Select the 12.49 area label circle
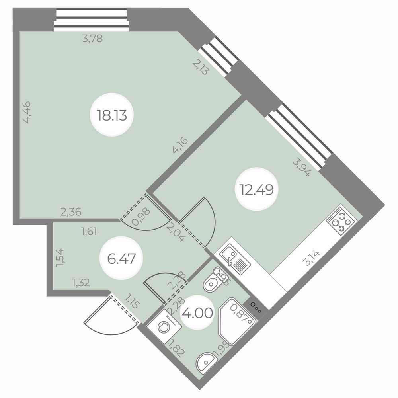pyautogui.click(x=257, y=189)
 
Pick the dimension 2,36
pyautogui.click(x=71, y=212)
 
